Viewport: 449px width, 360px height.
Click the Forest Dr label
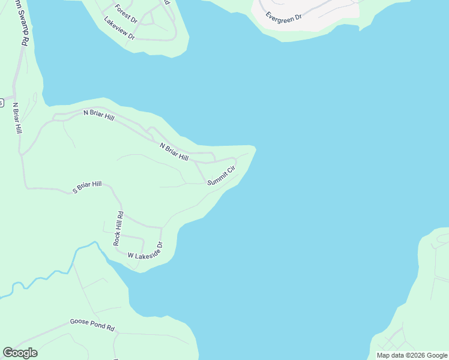[x=127, y=14]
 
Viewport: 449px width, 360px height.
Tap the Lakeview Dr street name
[x=119, y=28]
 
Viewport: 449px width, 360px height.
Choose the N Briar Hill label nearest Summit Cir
[x=174, y=152]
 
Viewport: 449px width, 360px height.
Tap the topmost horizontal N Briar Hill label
[x=98, y=115]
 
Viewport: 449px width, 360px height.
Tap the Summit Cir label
[x=220, y=176]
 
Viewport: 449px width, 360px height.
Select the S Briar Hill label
[x=87, y=187]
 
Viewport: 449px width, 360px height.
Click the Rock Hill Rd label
[x=118, y=228]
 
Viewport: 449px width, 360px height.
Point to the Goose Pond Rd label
[x=92, y=325]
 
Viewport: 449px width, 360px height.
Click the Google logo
[x=20, y=353]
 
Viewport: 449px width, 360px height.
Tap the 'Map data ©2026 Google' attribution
[x=412, y=355]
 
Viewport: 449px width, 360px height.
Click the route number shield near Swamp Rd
[x=2, y=102]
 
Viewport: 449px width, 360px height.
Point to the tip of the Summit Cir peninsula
[x=255, y=148]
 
